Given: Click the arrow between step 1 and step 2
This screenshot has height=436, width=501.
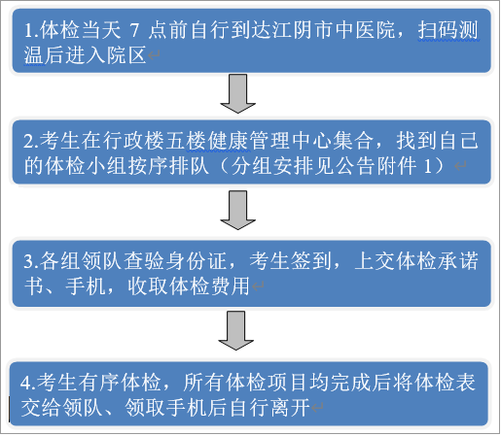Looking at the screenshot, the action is tap(237, 93).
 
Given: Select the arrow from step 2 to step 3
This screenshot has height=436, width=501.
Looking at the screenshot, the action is tap(237, 210).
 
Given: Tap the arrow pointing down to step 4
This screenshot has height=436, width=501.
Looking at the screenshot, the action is tap(236, 330).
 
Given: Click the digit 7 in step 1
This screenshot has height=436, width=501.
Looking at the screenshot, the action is tap(134, 30).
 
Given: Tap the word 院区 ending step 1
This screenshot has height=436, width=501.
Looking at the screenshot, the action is tap(125, 55).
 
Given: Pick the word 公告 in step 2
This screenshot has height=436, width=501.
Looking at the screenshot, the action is tap(355, 166).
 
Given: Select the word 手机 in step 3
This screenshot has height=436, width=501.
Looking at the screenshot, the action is tap(86, 286).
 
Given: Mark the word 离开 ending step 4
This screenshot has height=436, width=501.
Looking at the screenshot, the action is tap(290, 407).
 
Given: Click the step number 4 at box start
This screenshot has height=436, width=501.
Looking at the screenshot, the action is tap(25, 383).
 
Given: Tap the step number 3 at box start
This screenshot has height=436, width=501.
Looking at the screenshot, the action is tap(28, 261).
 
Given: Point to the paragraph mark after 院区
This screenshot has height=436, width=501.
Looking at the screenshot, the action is tap(154, 55).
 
